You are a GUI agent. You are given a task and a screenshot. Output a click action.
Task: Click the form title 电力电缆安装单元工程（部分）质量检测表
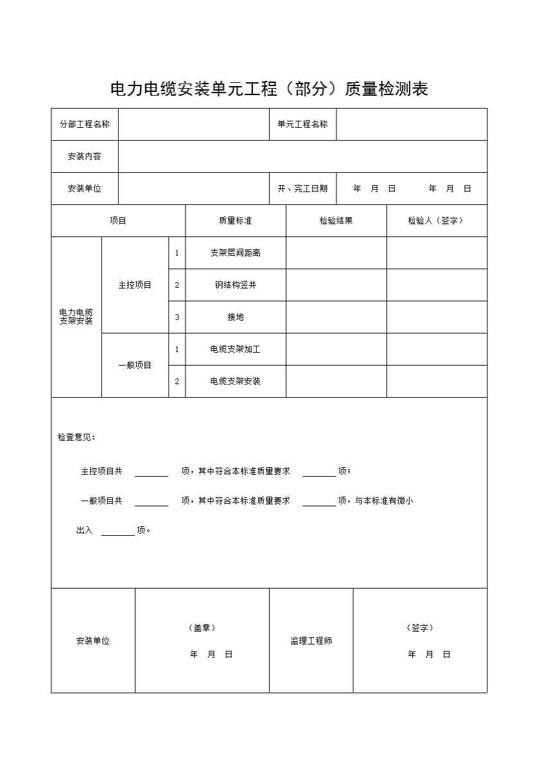point(269,89)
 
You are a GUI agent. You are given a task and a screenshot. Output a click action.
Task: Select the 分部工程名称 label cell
point(85,124)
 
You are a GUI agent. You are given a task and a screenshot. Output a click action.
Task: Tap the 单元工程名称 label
point(302,124)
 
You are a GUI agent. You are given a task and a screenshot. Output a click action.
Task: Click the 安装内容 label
point(84,156)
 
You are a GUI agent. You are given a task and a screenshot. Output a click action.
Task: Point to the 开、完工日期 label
point(302,188)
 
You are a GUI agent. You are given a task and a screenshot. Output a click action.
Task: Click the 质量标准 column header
point(235,220)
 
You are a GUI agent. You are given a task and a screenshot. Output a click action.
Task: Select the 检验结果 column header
point(336,220)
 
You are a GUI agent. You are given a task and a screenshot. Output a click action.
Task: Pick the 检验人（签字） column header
point(436,220)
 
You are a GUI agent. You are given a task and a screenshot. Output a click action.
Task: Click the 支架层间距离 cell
point(235,253)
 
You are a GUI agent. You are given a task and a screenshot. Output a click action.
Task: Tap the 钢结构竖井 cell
point(235,285)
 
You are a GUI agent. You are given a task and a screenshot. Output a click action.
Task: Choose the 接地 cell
point(235,317)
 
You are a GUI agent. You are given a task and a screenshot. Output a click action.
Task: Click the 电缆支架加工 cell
point(235,349)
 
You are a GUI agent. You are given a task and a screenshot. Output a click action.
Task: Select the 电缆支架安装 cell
point(235,381)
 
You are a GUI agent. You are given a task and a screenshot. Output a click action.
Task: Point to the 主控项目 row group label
point(135,285)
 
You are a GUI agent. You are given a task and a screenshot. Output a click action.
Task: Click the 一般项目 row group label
point(135,365)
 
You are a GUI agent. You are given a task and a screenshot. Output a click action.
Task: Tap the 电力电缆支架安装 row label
point(76,317)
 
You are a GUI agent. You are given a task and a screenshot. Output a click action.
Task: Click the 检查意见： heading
point(76,437)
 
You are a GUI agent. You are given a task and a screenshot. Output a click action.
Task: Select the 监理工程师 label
point(311,641)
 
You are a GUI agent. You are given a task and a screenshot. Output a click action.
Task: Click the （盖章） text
point(202,628)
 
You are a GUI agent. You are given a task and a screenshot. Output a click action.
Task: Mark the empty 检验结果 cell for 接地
point(336,317)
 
